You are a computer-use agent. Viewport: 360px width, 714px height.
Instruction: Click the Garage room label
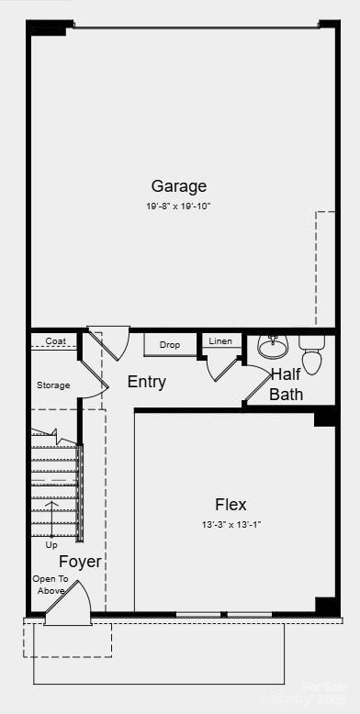[x=179, y=186]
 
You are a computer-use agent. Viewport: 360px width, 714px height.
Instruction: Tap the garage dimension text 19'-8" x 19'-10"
[x=178, y=206]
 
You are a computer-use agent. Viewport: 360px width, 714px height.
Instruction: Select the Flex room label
[x=231, y=504]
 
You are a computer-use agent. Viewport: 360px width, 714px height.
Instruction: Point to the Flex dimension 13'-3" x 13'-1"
[x=231, y=524]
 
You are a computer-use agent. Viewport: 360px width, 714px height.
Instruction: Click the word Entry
[x=146, y=382]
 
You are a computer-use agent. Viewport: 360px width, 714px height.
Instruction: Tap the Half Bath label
[x=287, y=385]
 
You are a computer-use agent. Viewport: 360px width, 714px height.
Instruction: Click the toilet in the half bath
[x=312, y=353]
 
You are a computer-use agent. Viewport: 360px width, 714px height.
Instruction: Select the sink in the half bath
[x=273, y=346]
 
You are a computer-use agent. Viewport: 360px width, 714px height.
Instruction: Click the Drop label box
[x=170, y=345]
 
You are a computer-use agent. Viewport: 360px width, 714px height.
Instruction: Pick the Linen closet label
[x=220, y=341]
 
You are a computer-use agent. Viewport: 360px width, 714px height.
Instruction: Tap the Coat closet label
[x=56, y=341]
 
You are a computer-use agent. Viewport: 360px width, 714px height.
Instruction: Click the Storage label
[x=53, y=385]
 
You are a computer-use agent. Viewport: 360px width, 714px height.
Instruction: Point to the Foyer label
[x=81, y=562]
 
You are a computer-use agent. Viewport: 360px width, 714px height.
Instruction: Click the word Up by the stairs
[x=51, y=545]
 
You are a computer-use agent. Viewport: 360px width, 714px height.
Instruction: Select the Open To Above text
[x=50, y=585]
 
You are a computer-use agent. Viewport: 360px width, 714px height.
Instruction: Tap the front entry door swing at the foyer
[x=69, y=606]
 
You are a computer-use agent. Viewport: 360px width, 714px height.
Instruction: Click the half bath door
[x=256, y=386]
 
